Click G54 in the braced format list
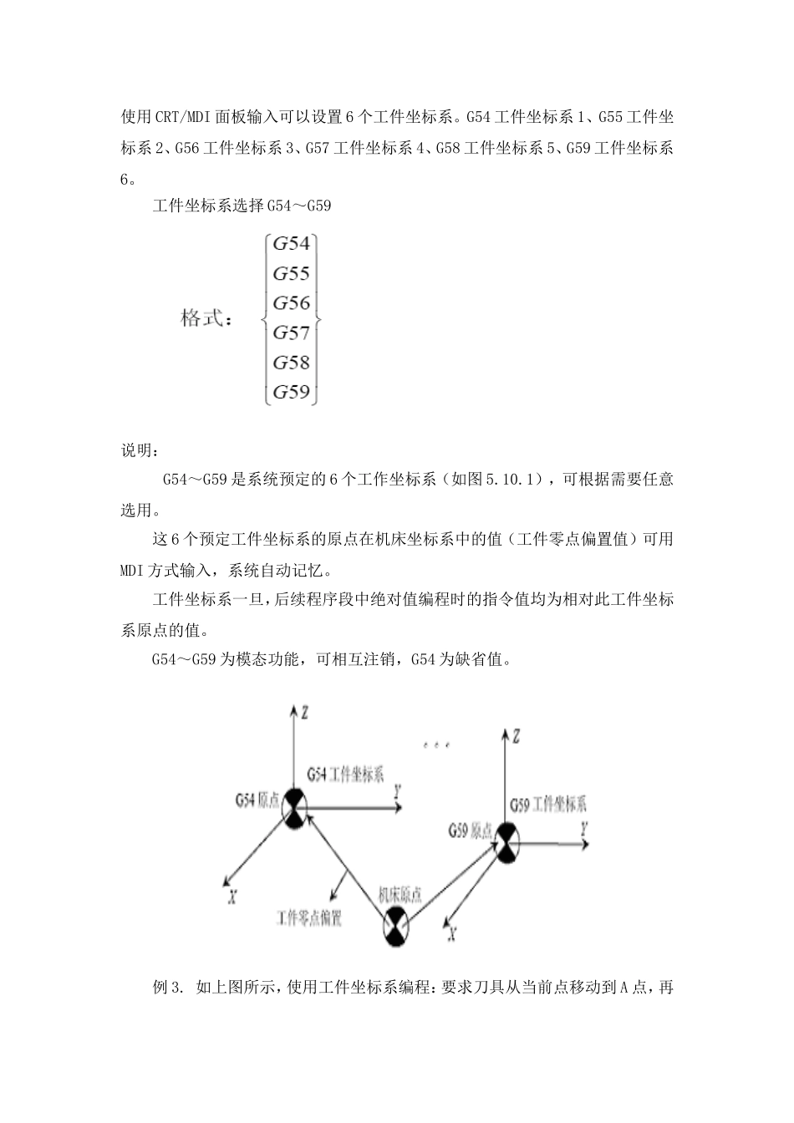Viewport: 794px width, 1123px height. tap(292, 244)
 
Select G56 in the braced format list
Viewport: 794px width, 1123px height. tap(292, 303)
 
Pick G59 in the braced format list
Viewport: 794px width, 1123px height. tap(292, 392)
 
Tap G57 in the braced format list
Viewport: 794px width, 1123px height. tap(292, 333)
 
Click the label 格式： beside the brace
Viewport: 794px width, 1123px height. tap(206, 318)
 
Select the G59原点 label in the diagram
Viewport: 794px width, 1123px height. tap(470, 831)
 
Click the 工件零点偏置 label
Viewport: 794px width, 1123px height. tap(309, 917)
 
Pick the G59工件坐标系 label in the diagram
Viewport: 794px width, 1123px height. tap(548, 805)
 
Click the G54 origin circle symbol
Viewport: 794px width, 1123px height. tap(294, 808)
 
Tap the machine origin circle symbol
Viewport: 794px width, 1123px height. tap(396, 928)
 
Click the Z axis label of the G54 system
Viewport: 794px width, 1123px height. tap(306, 713)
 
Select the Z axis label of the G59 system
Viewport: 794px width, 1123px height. tap(517, 736)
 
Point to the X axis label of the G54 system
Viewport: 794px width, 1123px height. tap(233, 896)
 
